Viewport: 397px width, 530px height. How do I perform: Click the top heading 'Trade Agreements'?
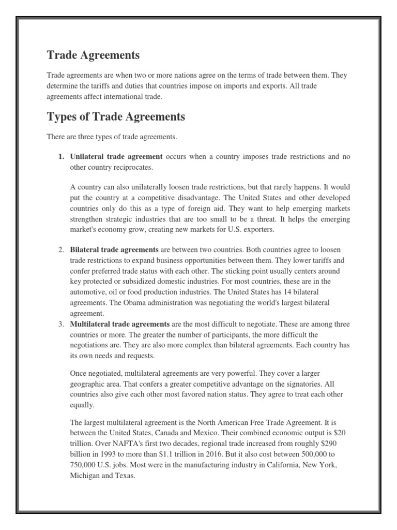93,55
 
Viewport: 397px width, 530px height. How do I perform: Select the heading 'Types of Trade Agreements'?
116,117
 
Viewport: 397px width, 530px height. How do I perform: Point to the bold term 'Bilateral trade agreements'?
114,250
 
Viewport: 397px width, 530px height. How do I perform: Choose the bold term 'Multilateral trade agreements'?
120,324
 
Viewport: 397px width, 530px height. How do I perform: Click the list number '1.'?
60,156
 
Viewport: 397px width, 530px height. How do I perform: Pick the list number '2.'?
60,250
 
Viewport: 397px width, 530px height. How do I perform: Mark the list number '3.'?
60,324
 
